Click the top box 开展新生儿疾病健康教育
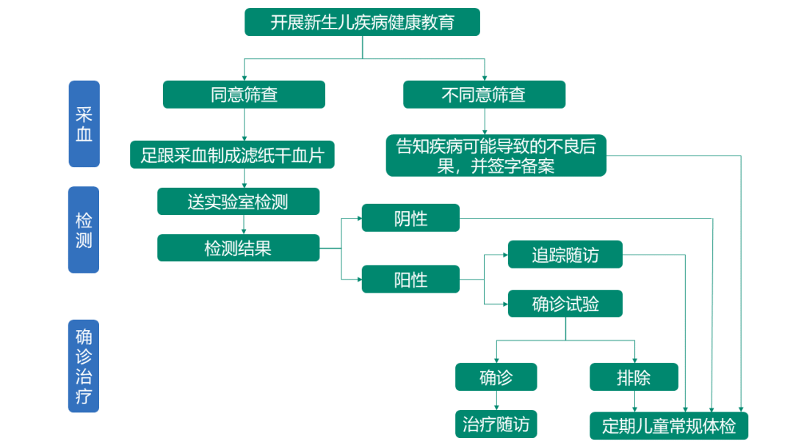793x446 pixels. point(362,22)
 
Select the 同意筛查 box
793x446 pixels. point(244,95)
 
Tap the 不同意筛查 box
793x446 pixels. point(484,95)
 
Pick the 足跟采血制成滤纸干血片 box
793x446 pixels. point(232,155)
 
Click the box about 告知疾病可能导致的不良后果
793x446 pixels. point(496,156)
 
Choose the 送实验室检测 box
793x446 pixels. point(238,202)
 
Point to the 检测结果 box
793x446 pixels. point(238,248)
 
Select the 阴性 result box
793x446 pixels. point(410,218)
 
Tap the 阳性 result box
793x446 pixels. point(410,279)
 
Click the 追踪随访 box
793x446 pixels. point(565,255)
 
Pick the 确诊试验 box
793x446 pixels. point(565,304)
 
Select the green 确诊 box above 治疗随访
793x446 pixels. point(496,377)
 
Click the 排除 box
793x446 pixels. point(634,377)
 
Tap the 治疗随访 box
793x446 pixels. point(496,424)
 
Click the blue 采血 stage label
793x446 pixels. point(84,124)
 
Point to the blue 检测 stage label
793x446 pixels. point(84,230)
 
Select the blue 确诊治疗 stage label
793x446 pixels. point(84,366)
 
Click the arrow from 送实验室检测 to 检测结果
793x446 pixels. point(245,224)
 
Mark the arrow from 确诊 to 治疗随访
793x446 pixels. point(496,401)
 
